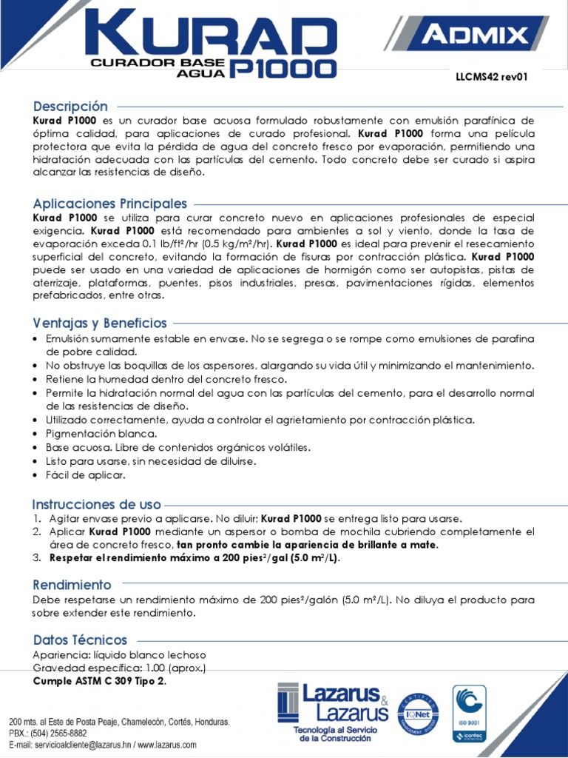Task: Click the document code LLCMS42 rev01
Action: point(490,76)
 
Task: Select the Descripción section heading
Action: point(70,106)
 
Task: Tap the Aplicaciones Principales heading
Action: point(110,203)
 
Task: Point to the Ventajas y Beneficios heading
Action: point(100,323)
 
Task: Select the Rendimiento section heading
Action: point(72,584)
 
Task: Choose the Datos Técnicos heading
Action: point(80,640)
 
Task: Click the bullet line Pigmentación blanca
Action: point(101,434)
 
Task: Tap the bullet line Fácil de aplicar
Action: point(85,474)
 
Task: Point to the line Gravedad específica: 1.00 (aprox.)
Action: point(119,668)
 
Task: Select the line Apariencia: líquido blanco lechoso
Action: point(119,655)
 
